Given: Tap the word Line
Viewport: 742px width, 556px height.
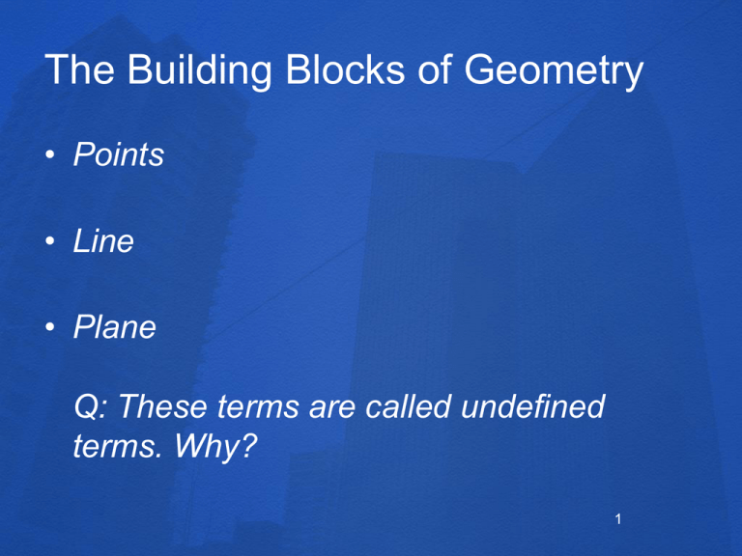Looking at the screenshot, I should [x=103, y=241].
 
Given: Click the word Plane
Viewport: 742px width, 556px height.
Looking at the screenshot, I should [x=114, y=327].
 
